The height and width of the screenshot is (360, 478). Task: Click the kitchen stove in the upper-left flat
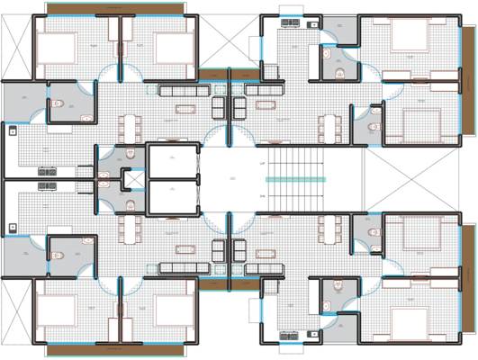pyautogui.click(x=45, y=170)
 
